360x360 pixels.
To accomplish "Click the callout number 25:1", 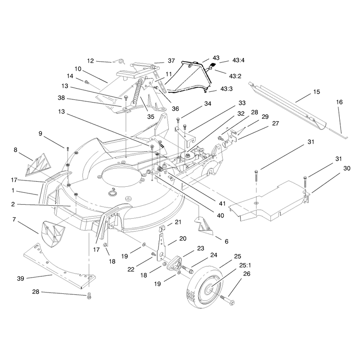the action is coord(245,265).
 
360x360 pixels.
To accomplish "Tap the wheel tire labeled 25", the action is coord(205,289).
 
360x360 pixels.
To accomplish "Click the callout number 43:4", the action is coord(238,60).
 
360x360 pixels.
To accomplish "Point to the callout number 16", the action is coord(339,102).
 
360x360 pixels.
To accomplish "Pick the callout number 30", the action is coord(347,168).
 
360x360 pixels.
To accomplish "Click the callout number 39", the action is coord(20,279).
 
